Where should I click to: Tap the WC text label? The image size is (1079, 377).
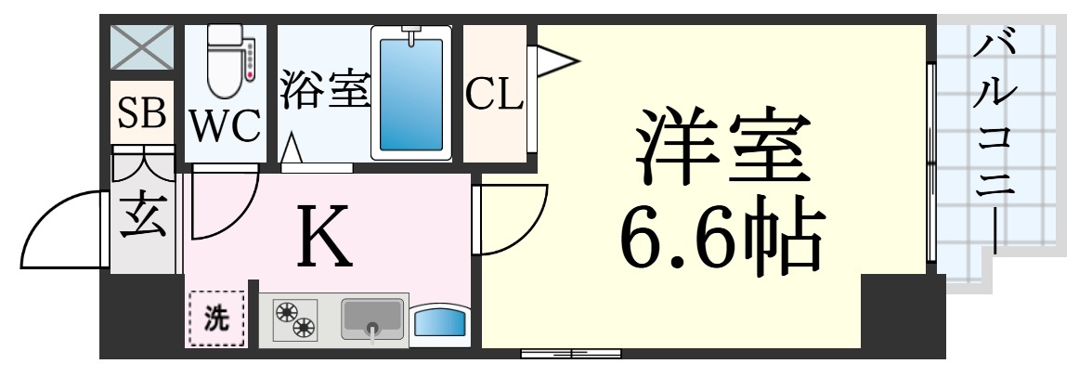click(226, 126)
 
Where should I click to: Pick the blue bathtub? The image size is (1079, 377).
click(411, 93)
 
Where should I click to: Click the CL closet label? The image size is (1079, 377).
click(494, 94)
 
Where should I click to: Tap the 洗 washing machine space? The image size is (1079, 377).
click(215, 319)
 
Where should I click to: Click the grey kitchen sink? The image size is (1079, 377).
click(373, 318)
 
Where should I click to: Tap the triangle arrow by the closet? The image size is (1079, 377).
click(554, 61)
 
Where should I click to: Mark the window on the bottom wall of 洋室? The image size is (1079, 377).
click(570, 352)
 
